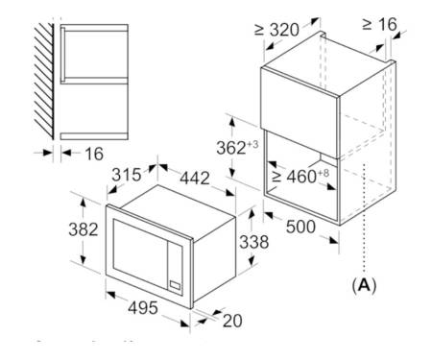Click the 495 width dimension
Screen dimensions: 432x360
[143, 308]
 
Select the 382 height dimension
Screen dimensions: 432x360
[84, 229]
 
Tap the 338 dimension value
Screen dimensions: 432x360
[254, 242]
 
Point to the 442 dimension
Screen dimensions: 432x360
[195, 178]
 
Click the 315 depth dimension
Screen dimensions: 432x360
[127, 175]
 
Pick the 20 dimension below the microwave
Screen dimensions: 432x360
[232, 321]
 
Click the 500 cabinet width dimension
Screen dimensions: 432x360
[300, 227]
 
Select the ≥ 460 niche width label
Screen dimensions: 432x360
[294, 177]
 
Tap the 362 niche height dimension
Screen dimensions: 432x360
[231, 148]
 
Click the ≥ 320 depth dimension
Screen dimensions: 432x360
[276, 30]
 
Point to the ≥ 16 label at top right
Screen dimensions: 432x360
[379, 24]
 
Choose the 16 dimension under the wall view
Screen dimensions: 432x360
[94, 154]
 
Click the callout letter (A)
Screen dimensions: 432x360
[364, 285]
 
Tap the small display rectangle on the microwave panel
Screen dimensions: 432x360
[175, 284]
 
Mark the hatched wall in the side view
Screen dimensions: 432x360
[44, 82]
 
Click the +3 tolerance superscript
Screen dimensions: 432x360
[252, 144]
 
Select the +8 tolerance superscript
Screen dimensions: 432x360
[324, 173]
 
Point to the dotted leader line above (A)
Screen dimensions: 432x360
[364, 218]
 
